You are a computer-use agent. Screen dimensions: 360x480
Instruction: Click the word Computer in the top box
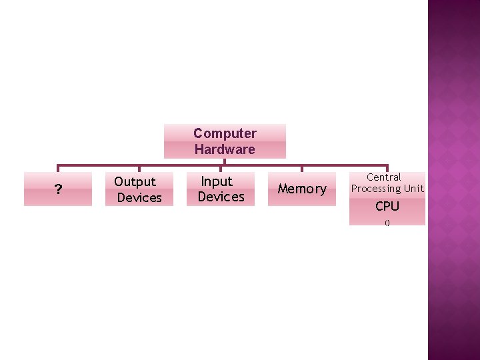[225, 133]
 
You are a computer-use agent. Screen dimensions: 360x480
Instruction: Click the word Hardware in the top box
[225, 149]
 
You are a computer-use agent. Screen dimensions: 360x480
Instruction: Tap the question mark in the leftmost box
[59, 191]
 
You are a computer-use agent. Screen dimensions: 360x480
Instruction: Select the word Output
[135, 181]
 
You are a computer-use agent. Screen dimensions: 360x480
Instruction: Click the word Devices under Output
[139, 197]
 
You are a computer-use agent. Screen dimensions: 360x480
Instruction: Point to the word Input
[217, 181]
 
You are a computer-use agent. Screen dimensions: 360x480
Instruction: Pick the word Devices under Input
[221, 197]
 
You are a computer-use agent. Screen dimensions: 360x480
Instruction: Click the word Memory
[302, 189]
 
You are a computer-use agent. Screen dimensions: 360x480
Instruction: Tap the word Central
[384, 177]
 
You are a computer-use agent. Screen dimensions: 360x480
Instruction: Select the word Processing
[377, 189]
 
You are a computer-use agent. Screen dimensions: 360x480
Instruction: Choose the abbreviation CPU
[387, 206]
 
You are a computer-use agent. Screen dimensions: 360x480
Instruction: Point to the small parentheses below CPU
[387, 223]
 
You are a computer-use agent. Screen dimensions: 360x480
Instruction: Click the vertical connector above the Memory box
[302, 169]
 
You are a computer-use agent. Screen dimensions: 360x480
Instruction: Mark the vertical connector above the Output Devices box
[139, 169]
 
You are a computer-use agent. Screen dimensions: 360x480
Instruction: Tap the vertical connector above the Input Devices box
[221, 169]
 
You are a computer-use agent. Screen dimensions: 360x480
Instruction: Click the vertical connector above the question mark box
[58, 169]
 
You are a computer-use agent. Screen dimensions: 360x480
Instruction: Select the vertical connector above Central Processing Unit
[387, 169]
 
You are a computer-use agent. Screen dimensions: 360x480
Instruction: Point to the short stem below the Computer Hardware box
[225, 161]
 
